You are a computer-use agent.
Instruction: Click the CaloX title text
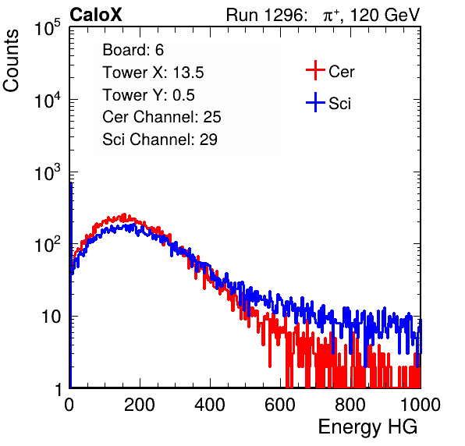click(x=96, y=15)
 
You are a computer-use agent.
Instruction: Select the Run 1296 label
click(x=266, y=15)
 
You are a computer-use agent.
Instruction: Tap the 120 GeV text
click(x=385, y=15)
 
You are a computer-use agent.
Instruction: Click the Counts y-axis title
click(x=11, y=61)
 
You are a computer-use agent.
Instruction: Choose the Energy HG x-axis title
click(x=367, y=427)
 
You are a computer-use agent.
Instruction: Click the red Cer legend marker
click(x=315, y=70)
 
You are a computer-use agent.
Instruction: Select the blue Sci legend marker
click(x=315, y=102)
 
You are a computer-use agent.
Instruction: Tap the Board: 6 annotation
click(x=133, y=50)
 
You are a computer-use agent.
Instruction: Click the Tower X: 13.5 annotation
click(x=153, y=73)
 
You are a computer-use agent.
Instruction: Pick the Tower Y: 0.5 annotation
click(x=148, y=95)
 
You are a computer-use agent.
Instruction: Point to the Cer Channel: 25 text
click(x=162, y=117)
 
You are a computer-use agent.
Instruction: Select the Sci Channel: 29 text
click(x=160, y=140)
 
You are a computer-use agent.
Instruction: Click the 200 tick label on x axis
click(x=140, y=405)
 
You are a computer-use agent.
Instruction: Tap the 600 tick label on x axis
click(x=280, y=405)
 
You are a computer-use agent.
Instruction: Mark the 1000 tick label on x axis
click(x=421, y=405)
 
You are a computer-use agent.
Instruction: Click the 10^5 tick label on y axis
click(x=48, y=28)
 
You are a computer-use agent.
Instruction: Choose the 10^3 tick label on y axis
click(x=48, y=173)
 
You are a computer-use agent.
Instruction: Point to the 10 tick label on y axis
click(x=51, y=317)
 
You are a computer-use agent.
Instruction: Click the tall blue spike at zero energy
click(x=71, y=285)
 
